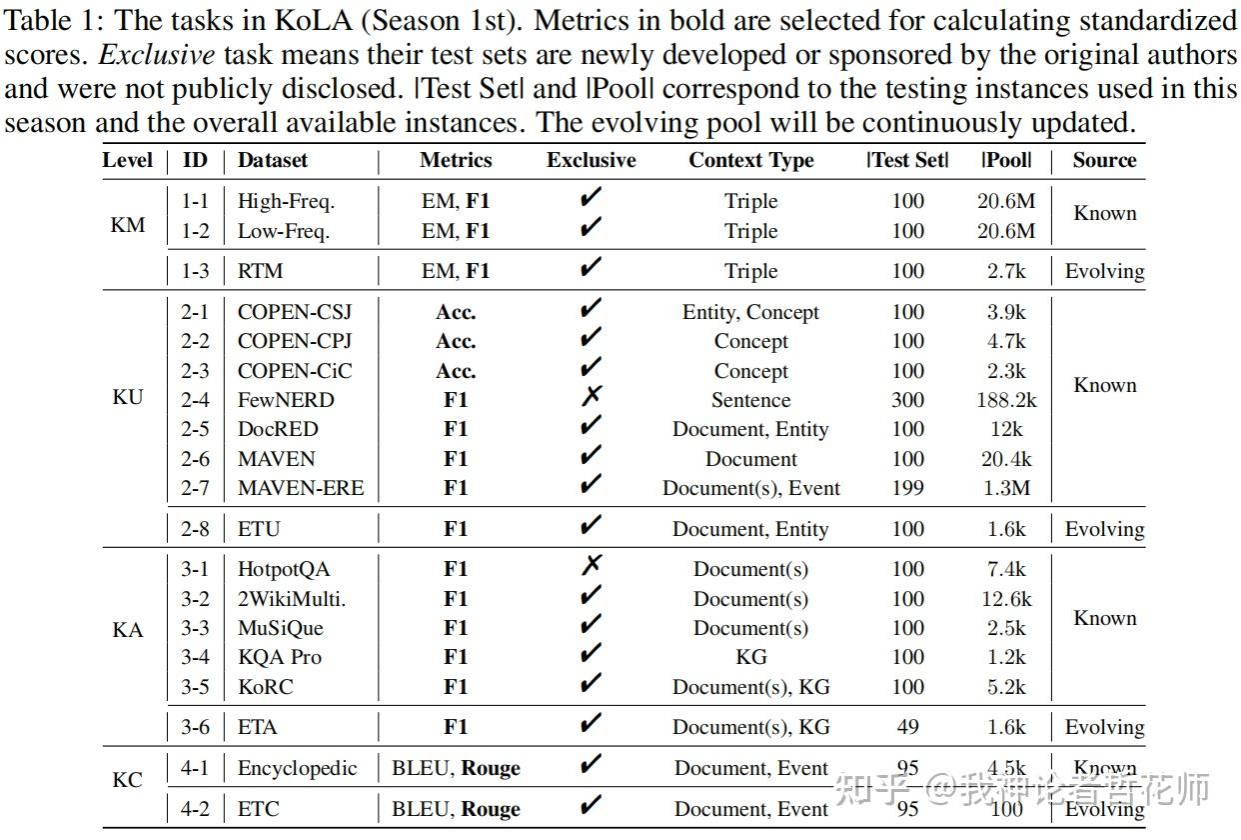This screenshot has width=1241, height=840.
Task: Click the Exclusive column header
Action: point(591,160)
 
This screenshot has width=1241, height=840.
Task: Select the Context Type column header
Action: point(750,160)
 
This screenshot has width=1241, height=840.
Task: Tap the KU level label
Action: point(128,398)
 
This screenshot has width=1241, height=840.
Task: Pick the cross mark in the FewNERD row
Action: point(591,397)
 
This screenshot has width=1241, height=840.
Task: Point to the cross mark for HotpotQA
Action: point(591,567)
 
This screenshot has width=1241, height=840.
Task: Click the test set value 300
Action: point(907,400)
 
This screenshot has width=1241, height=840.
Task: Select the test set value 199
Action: point(907,488)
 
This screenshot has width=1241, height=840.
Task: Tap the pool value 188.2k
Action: point(1006,400)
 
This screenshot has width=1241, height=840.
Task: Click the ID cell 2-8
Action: point(195,529)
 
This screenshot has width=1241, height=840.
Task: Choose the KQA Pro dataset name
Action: point(280,657)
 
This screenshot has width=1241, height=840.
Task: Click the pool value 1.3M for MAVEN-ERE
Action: point(1006,488)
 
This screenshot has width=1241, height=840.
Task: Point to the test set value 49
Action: point(907,727)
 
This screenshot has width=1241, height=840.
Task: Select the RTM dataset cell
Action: point(260,271)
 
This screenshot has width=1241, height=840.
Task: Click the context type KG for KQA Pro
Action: point(750,657)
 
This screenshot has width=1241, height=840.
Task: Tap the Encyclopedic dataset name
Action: point(297,769)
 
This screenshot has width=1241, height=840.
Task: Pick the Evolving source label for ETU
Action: point(1104,529)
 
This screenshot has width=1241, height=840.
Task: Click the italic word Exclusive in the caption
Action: point(158,55)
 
